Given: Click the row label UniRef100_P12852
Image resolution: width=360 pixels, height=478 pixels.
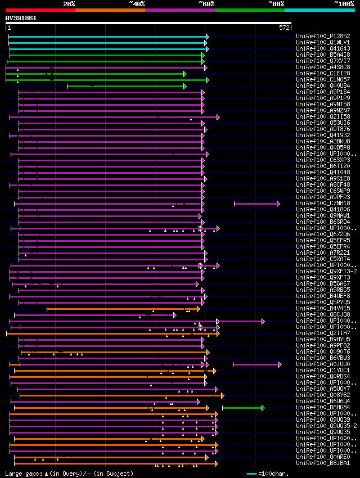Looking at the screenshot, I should pyautogui.click(x=316, y=36).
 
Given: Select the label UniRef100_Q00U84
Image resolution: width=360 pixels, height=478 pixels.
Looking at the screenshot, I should pyautogui.click(x=316, y=85).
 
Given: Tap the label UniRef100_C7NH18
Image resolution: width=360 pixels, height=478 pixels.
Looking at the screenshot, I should pyautogui.click(x=316, y=203).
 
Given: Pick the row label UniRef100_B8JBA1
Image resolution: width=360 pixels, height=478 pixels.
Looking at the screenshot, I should pyautogui.click(x=316, y=463).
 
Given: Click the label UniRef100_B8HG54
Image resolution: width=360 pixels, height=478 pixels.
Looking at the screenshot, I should pyautogui.click(x=316, y=407).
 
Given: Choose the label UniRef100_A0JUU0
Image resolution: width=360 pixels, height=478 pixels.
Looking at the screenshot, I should pyautogui.click(x=316, y=364).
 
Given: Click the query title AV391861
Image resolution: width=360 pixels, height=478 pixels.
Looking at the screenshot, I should pyautogui.click(x=21, y=18).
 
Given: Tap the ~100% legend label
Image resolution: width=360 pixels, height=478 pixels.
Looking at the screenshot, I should pyautogui.click(x=344, y=4).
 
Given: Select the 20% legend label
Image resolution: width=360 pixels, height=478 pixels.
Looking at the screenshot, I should pyautogui.click(x=69, y=4).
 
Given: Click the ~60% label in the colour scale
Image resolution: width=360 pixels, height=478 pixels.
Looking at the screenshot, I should pyautogui.click(x=206, y=4).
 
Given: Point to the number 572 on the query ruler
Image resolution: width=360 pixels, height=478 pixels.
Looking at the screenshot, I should pyautogui.click(x=284, y=28).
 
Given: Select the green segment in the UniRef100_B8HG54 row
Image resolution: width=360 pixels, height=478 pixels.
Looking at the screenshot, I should pyautogui.click(x=242, y=407).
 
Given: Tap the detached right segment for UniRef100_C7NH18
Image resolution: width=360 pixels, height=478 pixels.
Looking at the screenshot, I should pyautogui.click(x=256, y=204).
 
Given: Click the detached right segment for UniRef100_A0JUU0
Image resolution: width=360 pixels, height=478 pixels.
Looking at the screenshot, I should pyautogui.click(x=256, y=364).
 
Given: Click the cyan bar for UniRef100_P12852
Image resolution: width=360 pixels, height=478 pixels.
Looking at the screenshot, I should pyautogui.click(x=107, y=37).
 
